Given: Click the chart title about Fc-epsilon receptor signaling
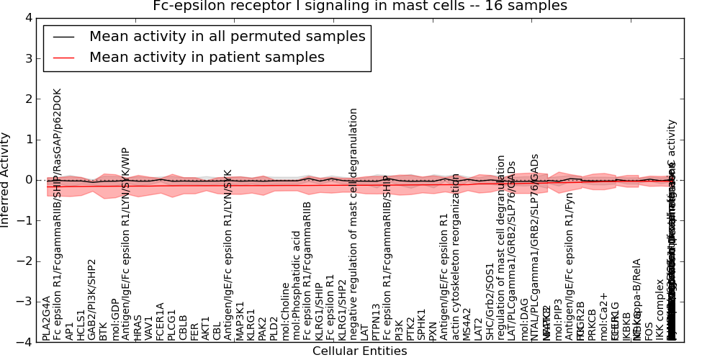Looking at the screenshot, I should [x=360, y=6].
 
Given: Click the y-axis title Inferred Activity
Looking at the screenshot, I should [x=6, y=179].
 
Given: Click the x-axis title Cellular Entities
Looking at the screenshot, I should [x=359, y=351].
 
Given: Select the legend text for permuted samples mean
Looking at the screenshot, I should [x=227, y=36].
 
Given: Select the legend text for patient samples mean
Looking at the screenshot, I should [x=207, y=57].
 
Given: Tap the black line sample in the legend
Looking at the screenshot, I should [x=63, y=36].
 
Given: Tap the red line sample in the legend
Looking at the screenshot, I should [x=63, y=57].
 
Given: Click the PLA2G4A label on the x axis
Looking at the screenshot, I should [x=47, y=318].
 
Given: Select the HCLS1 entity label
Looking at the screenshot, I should [x=81, y=323].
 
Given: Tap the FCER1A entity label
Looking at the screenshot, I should [x=161, y=321].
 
